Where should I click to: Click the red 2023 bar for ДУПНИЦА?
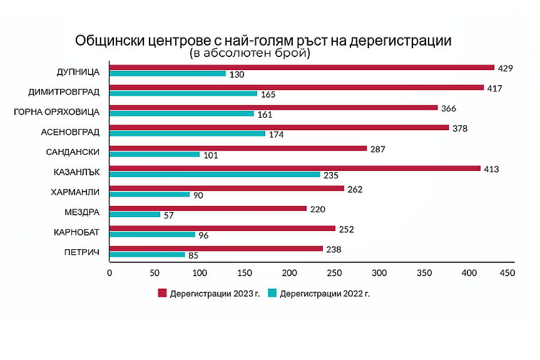pos(302,68)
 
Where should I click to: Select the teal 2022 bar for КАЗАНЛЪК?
pos(215,175)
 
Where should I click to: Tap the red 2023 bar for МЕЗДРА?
pos(208,208)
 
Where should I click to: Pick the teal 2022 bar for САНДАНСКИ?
pos(155,155)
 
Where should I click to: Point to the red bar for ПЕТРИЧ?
pos(216,249)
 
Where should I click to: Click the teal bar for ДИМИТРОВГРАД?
pos(183,94)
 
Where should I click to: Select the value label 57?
pos(168,215)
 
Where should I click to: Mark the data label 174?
pos(276,135)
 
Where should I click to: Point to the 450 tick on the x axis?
pos(506,274)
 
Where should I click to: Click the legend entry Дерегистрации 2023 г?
pos(208,293)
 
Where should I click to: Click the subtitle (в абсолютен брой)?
pos(250,54)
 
